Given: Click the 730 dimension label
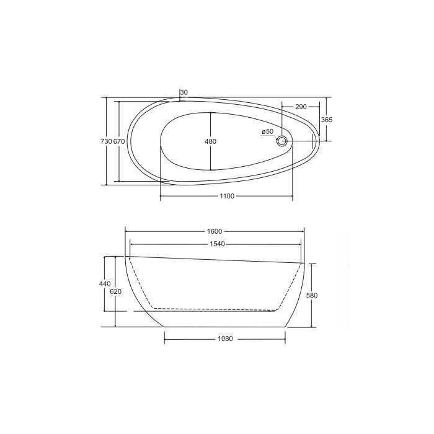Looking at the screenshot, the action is tap(106, 141).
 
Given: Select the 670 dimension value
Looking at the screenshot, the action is tap(119, 141).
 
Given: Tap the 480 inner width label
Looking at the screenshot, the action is tap(210, 141).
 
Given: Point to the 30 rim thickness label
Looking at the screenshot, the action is tap(184, 92).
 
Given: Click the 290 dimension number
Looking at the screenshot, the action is tap(301, 107).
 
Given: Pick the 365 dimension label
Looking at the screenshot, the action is tap(327, 120).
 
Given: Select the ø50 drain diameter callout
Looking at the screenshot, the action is tap(268, 131).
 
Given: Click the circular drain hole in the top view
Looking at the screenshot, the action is tap(281, 141).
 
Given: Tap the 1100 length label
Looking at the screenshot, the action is tap(227, 197).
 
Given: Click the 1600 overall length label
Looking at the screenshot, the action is tap(215, 231).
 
